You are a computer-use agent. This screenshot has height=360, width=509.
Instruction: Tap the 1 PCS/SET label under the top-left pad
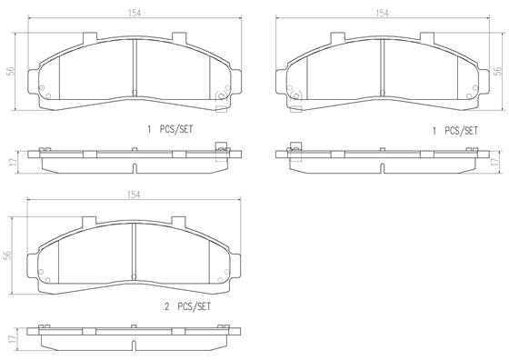171,130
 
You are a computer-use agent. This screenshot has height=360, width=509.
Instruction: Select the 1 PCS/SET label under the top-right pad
454,130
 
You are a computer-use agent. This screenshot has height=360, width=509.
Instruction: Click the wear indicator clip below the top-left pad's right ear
220,108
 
